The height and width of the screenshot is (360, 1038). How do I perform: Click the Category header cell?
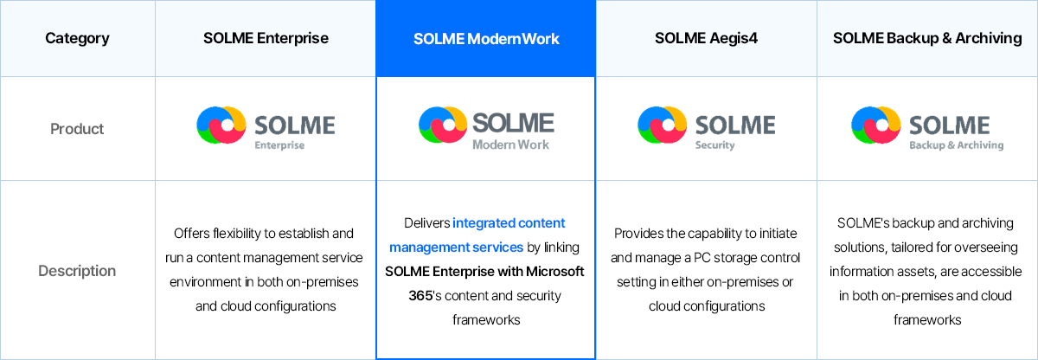[x=77, y=38]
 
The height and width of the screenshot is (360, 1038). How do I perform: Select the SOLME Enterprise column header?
[x=266, y=38]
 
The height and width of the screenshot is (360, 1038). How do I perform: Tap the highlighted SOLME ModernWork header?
[x=486, y=39]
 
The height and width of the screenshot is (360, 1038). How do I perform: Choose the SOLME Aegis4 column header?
[x=706, y=38]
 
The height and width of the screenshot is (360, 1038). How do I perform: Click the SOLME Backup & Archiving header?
[x=927, y=38]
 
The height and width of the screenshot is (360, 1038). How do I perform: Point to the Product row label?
[x=77, y=129]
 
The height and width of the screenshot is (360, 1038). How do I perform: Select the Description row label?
[x=77, y=271]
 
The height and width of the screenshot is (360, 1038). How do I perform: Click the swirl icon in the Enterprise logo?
[x=221, y=125]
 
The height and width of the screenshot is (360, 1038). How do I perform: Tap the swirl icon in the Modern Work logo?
[x=443, y=125]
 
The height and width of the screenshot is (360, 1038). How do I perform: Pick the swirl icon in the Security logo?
[x=662, y=125]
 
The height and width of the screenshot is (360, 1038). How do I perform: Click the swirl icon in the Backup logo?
[x=875, y=125]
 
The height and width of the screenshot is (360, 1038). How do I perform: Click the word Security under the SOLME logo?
[x=715, y=145]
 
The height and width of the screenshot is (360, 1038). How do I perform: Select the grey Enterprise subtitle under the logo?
[x=279, y=145]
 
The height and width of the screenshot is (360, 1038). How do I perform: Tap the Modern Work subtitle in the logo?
[x=510, y=145]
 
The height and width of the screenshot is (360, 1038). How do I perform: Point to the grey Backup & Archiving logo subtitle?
[x=957, y=145]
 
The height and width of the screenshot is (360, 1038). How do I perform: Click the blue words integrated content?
[x=509, y=223]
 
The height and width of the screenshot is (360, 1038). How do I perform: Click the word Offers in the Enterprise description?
[x=191, y=234]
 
